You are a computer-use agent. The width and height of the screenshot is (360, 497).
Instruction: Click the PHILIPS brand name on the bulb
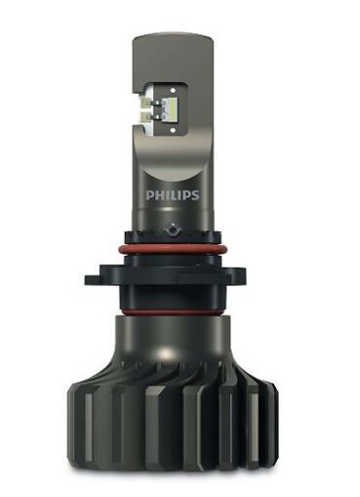tap(173, 195)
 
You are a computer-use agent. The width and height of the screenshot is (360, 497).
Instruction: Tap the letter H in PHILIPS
tap(158, 195)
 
